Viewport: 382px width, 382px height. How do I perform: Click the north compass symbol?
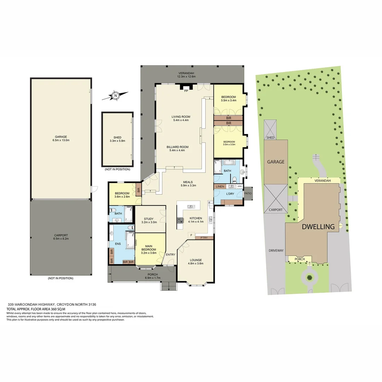point(115,95)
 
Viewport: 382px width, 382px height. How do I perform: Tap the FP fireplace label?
point(186,91)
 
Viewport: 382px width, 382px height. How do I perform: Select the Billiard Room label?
point(179,147)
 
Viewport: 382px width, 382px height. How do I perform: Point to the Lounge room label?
point(195,260)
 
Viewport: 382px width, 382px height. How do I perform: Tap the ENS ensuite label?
point(118,244)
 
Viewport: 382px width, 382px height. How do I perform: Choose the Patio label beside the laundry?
point(248,193)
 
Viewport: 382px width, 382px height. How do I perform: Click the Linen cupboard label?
point(220,186)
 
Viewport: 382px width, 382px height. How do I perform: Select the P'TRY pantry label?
point(204,238)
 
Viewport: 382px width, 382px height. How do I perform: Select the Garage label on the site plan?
point(276,162)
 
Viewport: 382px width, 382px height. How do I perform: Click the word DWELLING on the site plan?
point(318,227)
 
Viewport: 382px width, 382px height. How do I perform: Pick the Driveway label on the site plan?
point(276,250)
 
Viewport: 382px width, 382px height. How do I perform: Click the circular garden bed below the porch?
point(310,277)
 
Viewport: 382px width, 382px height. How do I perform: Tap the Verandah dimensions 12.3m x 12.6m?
point(187,76)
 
